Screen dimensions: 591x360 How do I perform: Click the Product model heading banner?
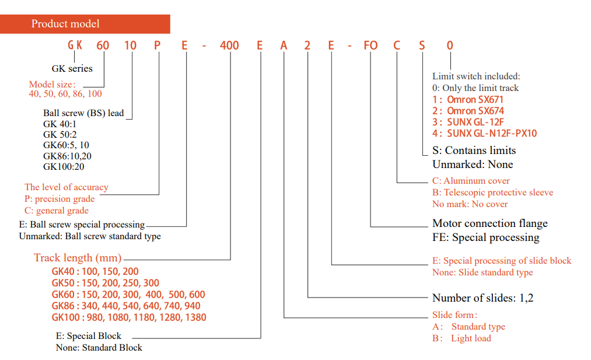point(85,24)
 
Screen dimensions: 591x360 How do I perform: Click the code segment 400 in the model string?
point(229,46)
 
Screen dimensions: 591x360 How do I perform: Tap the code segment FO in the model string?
point(370,46)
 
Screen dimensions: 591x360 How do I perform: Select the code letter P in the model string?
point(157,46)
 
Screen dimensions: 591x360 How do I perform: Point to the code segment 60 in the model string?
point(103,46)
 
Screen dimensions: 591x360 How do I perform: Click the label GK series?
point(72,69)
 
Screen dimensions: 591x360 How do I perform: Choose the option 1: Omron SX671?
point(468,100)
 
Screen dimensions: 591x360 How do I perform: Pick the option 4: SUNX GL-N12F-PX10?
point(484,133)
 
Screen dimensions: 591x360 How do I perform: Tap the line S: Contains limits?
point(474,151)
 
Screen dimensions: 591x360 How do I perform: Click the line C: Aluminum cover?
point(471,181)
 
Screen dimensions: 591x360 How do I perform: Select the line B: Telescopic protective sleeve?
point(492,192)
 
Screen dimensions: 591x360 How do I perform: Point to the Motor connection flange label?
point(490,223)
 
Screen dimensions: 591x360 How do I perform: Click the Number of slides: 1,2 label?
point(483,298)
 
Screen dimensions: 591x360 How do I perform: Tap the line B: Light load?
point(461,338)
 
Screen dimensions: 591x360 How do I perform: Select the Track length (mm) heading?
point(78,258)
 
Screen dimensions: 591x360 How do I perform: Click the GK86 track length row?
point(126,306)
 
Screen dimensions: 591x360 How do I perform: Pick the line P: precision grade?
point(60,198)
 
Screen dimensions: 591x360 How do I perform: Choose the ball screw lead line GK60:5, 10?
point(66,145)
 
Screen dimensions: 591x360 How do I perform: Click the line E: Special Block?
point(89,336)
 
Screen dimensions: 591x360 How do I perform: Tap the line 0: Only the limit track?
point(475,88)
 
